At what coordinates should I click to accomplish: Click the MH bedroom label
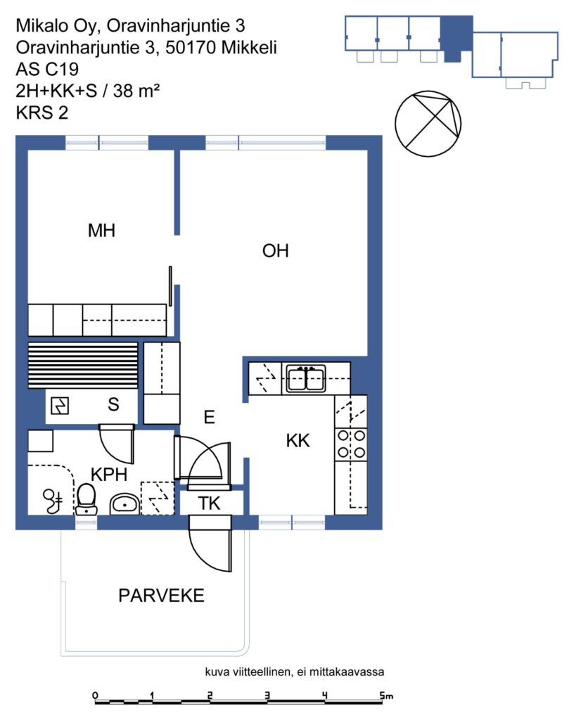click(101, 231)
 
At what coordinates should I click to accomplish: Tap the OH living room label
click(275, 251)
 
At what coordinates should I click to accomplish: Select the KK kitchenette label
click(298, 440)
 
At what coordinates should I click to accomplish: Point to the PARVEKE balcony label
click(161, 596)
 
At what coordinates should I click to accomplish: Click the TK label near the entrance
click(209, 503)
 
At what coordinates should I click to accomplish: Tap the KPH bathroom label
click(109, 475)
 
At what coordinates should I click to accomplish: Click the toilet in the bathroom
click(86, 499)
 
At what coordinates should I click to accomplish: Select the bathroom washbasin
click(125, 504)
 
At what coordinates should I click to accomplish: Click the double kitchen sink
click(306, 378)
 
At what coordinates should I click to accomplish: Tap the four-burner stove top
click(351, 444)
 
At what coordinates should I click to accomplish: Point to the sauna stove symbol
click(60, 406)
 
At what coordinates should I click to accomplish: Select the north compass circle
click(428, 124)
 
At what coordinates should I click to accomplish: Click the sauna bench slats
click(83, 365)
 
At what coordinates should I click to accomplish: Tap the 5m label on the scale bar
click(386, 695)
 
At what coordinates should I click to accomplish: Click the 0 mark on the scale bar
click(95, 695)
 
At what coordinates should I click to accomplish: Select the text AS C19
click(47, 69)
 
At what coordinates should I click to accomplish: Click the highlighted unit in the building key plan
click(456, 39)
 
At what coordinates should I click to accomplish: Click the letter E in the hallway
click(209, 417)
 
